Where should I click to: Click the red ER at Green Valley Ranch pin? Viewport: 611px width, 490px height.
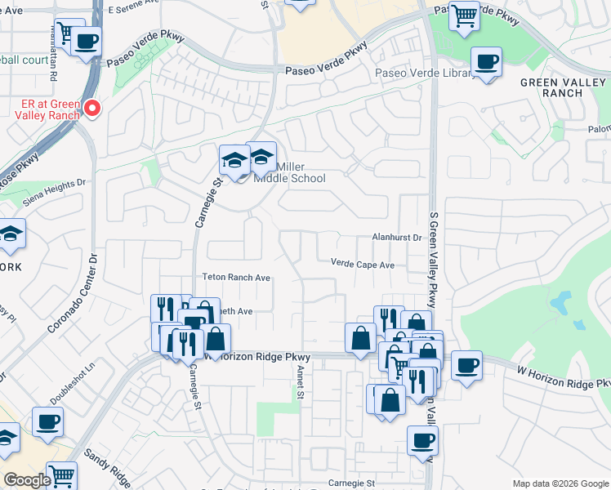[x=93, y=108]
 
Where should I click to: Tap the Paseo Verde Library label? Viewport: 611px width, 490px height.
[x=425, y=73]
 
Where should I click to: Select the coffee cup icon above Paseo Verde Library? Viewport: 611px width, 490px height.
[x=486, y=62]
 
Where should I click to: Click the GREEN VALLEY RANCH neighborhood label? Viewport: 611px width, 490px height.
[x=561, y=87]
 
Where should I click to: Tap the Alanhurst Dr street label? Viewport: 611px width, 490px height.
[x=394, y=238]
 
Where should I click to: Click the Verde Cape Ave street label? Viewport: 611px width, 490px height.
[x=362, y=265]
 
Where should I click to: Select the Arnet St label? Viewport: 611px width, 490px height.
[x=300, y=383]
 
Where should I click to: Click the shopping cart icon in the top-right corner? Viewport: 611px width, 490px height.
[x=464, y=15]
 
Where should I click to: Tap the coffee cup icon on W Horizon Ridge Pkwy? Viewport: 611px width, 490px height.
[x=466, y=365]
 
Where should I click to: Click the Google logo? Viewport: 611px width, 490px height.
[x=27, y=480]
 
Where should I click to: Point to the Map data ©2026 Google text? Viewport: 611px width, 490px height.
[x=560, y=483]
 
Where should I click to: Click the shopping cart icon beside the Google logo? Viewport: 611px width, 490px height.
[x=61, y=474]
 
